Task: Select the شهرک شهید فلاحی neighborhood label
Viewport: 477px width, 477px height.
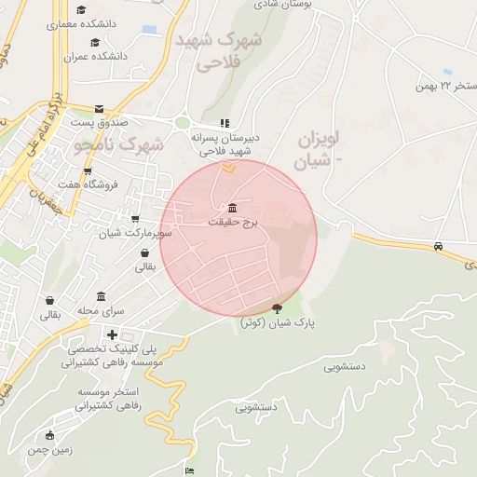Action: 220,51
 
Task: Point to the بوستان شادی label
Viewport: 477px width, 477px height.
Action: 284,4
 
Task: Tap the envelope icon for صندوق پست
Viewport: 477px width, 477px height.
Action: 99,108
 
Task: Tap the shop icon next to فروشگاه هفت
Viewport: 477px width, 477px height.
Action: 88,170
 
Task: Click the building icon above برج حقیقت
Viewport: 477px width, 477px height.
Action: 231,208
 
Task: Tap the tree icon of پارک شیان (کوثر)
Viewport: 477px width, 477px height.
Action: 277,308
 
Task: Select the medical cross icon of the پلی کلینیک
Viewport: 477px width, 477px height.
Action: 112,334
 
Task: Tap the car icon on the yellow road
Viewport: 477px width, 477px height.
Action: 438,247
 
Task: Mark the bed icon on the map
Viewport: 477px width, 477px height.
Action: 191,470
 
